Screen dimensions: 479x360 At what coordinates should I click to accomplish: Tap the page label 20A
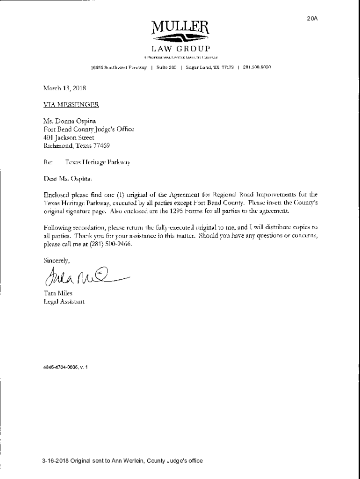tap(312, 18)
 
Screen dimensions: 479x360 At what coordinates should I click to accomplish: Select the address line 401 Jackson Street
tap(69, 138)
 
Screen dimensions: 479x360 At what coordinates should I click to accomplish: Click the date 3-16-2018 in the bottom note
tap(54, 461)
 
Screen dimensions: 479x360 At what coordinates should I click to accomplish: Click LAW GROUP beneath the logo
tap(180, 49)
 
